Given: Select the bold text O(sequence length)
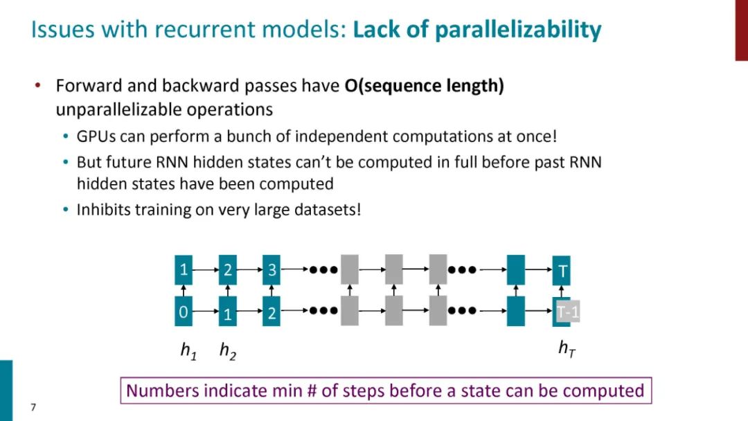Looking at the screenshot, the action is point(424,87).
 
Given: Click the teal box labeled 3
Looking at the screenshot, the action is point(271,270).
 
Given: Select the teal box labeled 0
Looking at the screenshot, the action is point(183,312).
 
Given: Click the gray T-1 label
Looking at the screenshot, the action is point(568,312).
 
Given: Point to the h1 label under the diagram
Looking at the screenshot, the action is point(188,352).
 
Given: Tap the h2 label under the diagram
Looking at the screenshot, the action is point(227,352).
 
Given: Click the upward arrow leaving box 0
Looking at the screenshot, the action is point(183,291).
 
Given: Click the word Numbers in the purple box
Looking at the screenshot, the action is point(159,391).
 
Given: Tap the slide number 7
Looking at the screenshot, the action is point(33,407).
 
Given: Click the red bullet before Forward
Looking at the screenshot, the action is point(39,86).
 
